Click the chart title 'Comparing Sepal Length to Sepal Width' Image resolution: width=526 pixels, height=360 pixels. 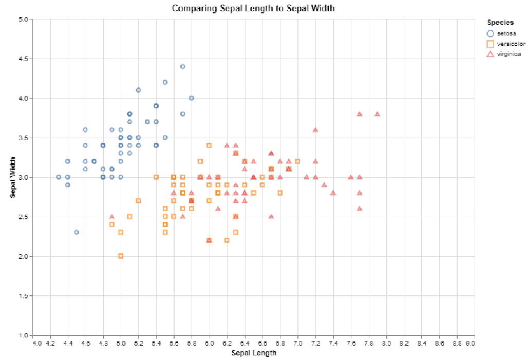253,8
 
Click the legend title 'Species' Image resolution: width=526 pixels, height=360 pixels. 501,23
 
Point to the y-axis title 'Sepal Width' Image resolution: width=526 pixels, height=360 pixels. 13,177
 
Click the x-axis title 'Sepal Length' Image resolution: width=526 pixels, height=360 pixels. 254,353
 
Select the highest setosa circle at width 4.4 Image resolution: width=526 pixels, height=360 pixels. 182,66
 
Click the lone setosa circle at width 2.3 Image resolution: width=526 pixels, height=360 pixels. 77,232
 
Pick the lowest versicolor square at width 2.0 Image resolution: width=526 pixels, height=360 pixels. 121,256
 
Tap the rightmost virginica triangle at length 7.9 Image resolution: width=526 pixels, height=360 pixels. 377,114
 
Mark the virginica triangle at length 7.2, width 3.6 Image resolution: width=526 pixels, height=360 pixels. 315,130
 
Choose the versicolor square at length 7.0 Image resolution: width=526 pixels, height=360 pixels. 297,161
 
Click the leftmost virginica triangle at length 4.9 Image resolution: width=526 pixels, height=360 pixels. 112,217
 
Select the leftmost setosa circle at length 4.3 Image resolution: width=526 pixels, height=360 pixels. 59,177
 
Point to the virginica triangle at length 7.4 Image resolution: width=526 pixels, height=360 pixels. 333,193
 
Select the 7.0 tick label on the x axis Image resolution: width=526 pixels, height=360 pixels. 298,343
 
